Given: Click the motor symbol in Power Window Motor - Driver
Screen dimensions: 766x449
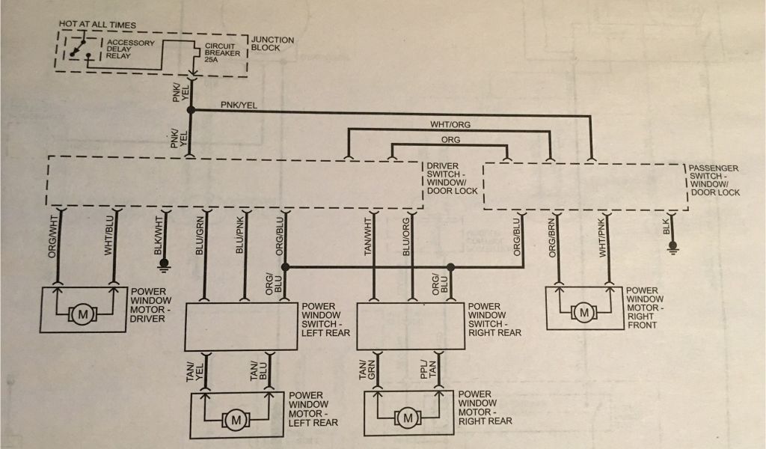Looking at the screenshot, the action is point(83,314).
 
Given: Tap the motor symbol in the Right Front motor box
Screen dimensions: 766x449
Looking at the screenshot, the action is point(583,312).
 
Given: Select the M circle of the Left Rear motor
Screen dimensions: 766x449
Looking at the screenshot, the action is point(236,420).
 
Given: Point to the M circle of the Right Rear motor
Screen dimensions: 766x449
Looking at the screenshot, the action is point(408,418).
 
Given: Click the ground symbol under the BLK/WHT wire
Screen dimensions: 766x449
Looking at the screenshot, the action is point(164,265).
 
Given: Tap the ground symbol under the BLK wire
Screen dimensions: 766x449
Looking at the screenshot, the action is point(673,248).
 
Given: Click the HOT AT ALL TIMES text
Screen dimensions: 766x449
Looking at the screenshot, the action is point(97,25).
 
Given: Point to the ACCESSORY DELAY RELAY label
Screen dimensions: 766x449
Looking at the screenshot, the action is point(130,49).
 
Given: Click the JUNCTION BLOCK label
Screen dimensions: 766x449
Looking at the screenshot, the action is point(272,44).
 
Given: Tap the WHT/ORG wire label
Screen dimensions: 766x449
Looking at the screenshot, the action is point(450,124).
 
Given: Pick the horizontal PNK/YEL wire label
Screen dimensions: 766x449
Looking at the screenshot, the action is point(239,105).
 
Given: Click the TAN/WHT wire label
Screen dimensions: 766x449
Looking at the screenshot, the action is point(368,236).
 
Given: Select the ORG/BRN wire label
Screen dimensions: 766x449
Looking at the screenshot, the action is point(553,238).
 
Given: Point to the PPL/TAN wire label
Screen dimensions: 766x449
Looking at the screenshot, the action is point(428,370).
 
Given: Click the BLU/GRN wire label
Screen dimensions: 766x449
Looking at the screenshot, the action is point(199,236).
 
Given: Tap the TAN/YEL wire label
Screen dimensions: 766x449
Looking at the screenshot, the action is point(194,372).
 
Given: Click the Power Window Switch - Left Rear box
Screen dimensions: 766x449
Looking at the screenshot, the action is point(241,326).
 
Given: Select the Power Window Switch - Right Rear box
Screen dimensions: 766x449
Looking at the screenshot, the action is point(411,326).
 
